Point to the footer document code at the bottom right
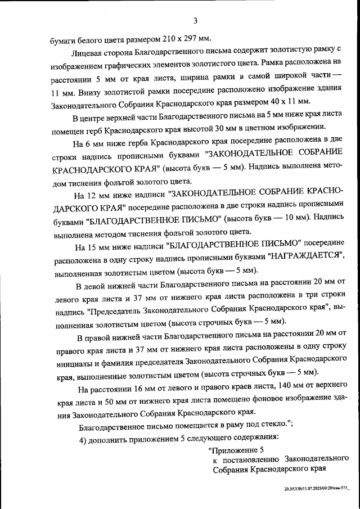(317, 489)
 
